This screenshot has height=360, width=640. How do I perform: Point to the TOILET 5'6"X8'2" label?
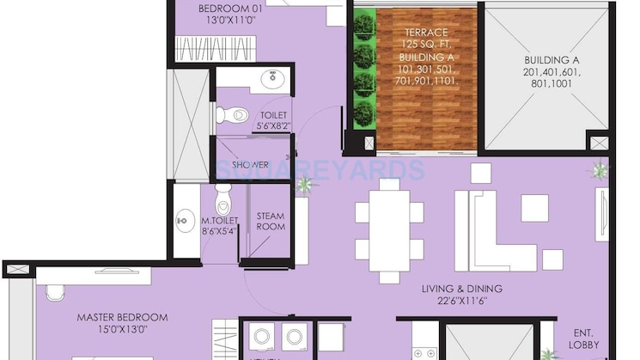coord(271,121)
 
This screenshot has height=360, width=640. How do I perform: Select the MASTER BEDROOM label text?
coord(121,323)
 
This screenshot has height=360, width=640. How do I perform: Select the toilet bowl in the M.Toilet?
coord(222,199)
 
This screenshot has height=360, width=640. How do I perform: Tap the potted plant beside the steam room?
coord(303,184)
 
